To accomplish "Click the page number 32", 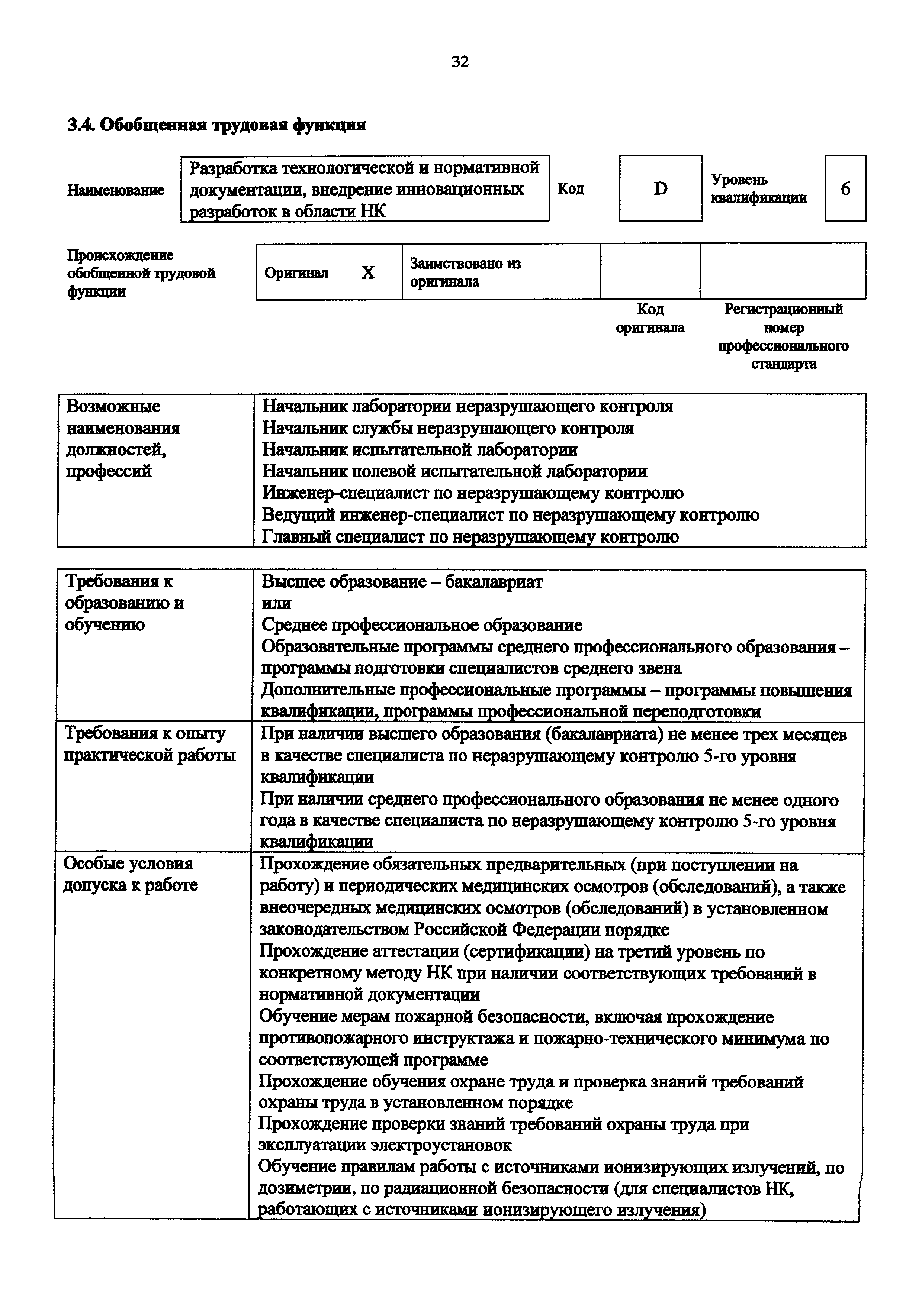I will click(x=460, y=61).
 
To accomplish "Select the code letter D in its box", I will click(x=660, y=188).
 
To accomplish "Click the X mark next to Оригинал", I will click(x=368, y=273).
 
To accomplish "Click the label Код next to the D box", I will click(x=571, y=188).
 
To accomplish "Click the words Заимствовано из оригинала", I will click(x=465, y=272).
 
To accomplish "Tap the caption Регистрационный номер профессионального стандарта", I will click(x=783, y=337).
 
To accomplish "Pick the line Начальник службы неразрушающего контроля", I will click(x=448, y=428).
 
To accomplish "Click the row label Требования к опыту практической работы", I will click(x=150, y=745).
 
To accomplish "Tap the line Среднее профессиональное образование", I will click(x=421, y=625).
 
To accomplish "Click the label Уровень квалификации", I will click(x=758, y=188).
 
